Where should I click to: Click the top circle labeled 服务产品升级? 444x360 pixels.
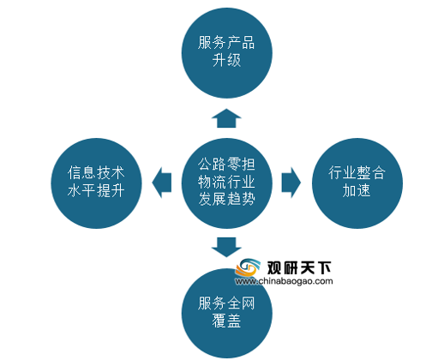click(227, 53)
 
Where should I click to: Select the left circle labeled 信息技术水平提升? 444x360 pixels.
click(96, 183)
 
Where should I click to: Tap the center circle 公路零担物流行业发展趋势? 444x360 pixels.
click(227, 183)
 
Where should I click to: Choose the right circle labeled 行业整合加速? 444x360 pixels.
click(357, 183)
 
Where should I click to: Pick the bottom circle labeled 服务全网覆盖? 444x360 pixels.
click(227, 314)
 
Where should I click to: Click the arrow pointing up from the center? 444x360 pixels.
click(226, 118)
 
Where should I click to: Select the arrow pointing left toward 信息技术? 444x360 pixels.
click(162, 183)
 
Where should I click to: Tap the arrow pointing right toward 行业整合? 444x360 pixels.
click(291, 183)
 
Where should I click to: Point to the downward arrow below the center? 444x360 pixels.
click(226, 247)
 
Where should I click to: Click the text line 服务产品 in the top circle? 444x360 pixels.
click(226, 43)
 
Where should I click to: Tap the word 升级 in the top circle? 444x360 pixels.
click(226, 60)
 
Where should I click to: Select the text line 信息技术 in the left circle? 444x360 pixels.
click(96, 172)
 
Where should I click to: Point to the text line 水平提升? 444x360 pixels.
click(96, 190)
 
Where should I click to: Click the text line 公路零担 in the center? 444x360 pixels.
click(226, 164)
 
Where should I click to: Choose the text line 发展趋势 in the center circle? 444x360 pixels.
click(226, 199)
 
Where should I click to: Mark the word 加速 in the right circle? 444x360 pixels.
click(357, 190)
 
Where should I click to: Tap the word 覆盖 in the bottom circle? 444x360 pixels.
click(226, 321)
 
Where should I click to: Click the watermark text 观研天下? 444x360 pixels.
click(299, 267)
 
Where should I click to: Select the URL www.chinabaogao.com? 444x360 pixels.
click(284, 281)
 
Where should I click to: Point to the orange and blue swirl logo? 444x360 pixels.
click(248, 267)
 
